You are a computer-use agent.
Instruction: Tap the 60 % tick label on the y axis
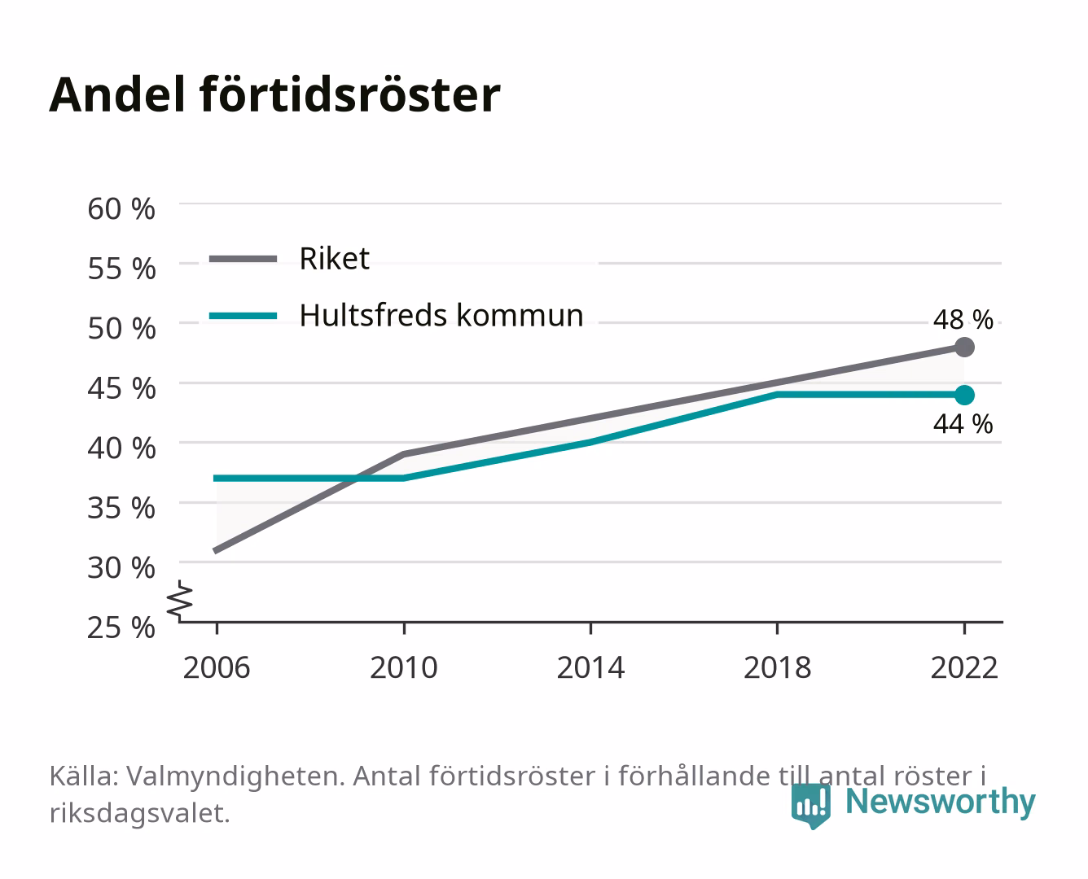[121, 209]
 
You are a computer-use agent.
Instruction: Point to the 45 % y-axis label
[121, 388]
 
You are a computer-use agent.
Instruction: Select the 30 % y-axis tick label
[121, 567]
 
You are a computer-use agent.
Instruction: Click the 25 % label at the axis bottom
[121, 628]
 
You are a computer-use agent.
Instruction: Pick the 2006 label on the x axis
[217, 667]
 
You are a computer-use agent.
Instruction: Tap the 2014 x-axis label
[590, 667]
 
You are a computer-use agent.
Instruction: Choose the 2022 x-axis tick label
[964, 667]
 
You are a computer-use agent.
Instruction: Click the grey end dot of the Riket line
[964, 348]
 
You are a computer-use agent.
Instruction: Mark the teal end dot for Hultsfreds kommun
[964, 395]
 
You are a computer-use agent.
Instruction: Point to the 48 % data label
[963, 320]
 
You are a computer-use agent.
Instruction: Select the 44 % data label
[963, 424]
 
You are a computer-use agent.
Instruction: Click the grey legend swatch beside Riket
[243, 260]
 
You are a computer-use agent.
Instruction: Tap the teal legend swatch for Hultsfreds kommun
[243, 316]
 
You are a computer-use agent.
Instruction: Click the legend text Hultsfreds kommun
[441, 315]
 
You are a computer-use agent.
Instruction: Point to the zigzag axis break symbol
[181, 601]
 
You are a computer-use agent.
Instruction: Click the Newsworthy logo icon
[810, 806]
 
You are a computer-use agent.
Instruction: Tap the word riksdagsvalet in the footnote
[139, 813]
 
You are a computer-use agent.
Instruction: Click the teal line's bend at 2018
[778, 395]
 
